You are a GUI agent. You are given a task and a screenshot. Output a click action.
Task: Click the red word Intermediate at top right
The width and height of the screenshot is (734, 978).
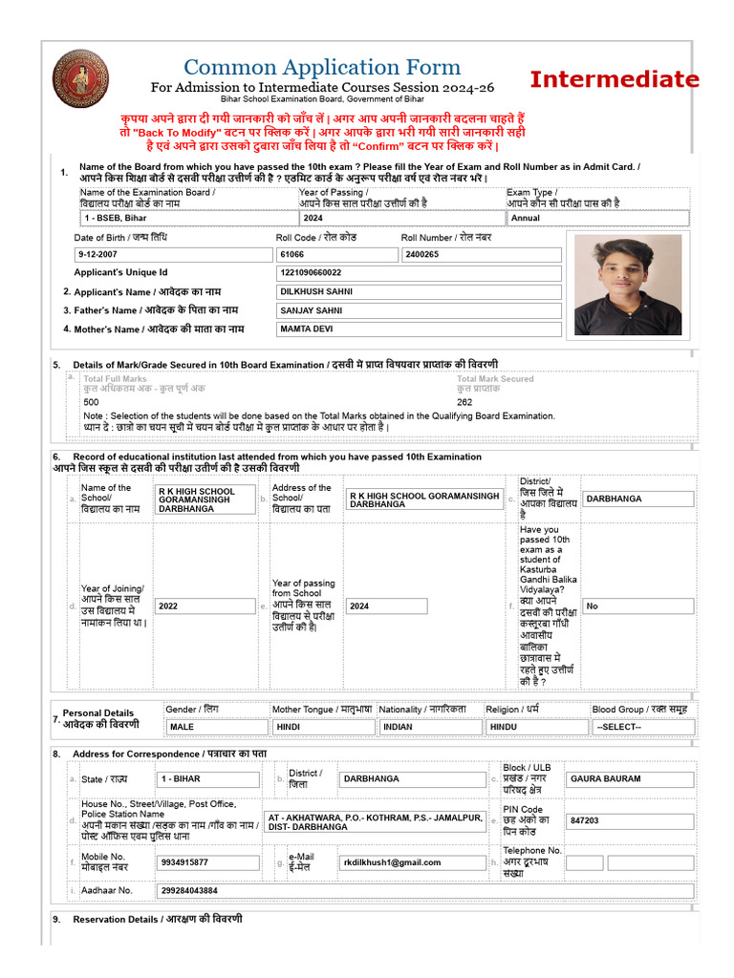coord(615,79)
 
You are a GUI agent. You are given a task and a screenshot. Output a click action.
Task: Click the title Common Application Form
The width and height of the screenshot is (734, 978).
coord(321,67)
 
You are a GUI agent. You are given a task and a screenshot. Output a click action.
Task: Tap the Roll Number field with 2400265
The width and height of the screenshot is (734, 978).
coord(481,255)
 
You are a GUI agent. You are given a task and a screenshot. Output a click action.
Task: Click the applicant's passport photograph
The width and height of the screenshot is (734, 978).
coord(628,287)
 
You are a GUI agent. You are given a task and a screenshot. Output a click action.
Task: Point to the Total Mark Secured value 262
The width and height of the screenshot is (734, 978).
coord(464,402)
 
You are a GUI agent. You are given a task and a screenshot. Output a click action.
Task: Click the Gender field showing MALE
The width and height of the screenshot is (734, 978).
coord(215,727)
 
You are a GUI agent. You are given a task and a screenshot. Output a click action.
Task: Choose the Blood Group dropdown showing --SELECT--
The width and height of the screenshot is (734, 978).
coord(641,727)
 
